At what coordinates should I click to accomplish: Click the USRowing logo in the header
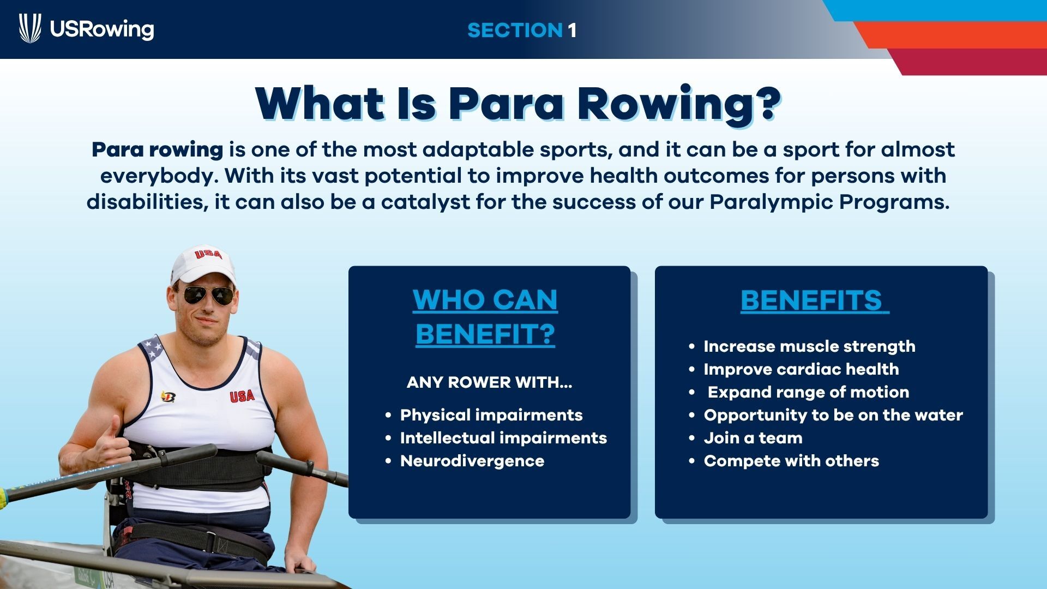coord(87,29)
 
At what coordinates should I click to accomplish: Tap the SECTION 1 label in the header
coord(522,30)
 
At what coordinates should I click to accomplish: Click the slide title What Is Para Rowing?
coord(518,104)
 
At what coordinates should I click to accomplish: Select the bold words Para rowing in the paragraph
coord(157,149)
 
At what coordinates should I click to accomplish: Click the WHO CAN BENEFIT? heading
coord(485,316)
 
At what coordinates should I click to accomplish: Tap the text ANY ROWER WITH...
coord(489,382)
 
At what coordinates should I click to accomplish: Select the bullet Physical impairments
coord(491,415)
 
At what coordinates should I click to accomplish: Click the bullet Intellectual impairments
coord(503,438)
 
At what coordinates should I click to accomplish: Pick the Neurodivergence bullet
coord(472,461)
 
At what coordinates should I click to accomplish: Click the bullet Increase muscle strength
coord(809,346)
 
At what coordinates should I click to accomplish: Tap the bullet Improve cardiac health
coord(801,369)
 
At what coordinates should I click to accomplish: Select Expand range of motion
coord(808,392)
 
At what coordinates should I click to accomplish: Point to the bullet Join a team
coord(753,438)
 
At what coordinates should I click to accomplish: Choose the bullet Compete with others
coord(791,461)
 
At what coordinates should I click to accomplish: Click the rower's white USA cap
coord(203,264)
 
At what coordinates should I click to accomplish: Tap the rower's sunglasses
coord(209,296)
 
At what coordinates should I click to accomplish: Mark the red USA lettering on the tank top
coord(242,395)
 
